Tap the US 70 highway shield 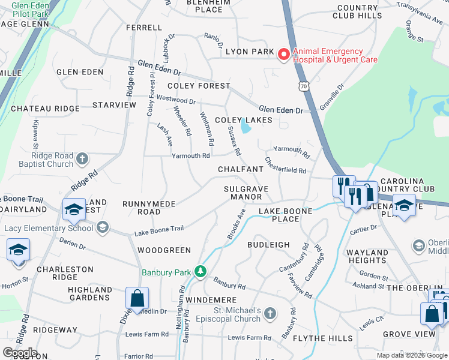[304, 87]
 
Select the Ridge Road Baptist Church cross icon [82, 159]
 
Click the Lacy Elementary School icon [103, 227]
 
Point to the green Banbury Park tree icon [200, 272]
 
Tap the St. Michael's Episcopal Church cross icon [270, 313]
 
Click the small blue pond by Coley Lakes [246, 127]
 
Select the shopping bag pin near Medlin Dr [137, 298]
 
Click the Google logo [19, 353]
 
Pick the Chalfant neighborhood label [241, 170]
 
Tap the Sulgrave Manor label [246, 193]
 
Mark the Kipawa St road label [35, 137]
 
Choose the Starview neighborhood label [114, 105]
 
